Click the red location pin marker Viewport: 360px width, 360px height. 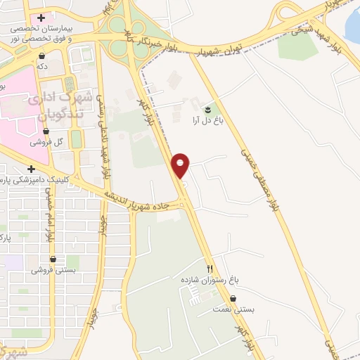[x=181, y=165]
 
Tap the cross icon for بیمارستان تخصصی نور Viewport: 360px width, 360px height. [x=41, y=18]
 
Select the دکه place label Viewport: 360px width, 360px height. [x=42, y=65]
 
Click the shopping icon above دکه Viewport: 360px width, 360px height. [x=42, y=56]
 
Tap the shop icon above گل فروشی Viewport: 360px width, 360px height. [x=46, y=131]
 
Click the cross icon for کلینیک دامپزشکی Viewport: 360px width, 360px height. [x=31, y=169]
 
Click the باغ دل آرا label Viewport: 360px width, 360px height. [x=208, y=120]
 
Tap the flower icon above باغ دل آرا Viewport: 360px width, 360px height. [x=207, y=110]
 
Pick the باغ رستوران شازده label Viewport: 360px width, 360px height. [x=208, y=279]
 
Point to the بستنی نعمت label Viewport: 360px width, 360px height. [x=234, y=309]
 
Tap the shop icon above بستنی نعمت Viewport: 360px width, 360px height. [x=233, y=299]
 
